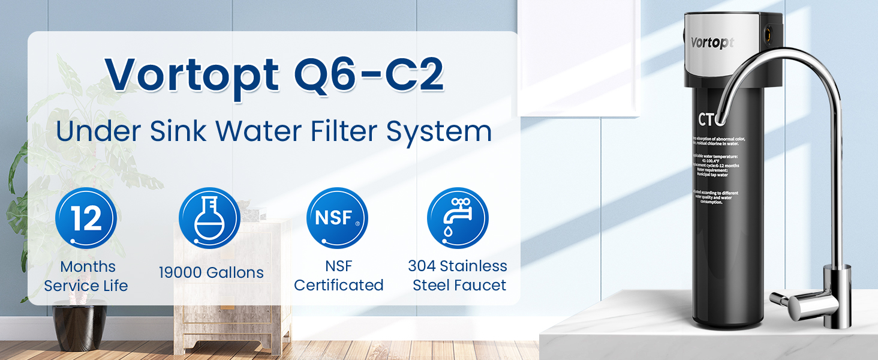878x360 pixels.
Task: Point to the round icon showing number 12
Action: [x=86, y=218]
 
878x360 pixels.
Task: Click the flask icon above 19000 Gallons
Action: [x=209, y=218]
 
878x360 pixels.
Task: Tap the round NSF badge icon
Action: [x=337, y=218]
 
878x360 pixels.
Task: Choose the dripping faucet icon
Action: [x=458, y=218]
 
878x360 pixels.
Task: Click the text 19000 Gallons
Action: [x=211, y=272]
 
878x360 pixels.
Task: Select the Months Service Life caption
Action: [x=86, y=276]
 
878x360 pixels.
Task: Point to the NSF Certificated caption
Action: [x=338, y=276]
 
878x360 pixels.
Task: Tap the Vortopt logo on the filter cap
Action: [x=712, y=43]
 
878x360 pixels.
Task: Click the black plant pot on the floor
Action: [x=80, y=324]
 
